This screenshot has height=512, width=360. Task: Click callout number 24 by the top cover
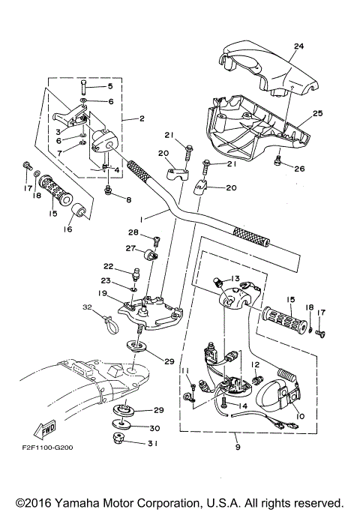click(x=298, y=46)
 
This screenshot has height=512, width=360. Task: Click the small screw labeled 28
click(x=157, y=241)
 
